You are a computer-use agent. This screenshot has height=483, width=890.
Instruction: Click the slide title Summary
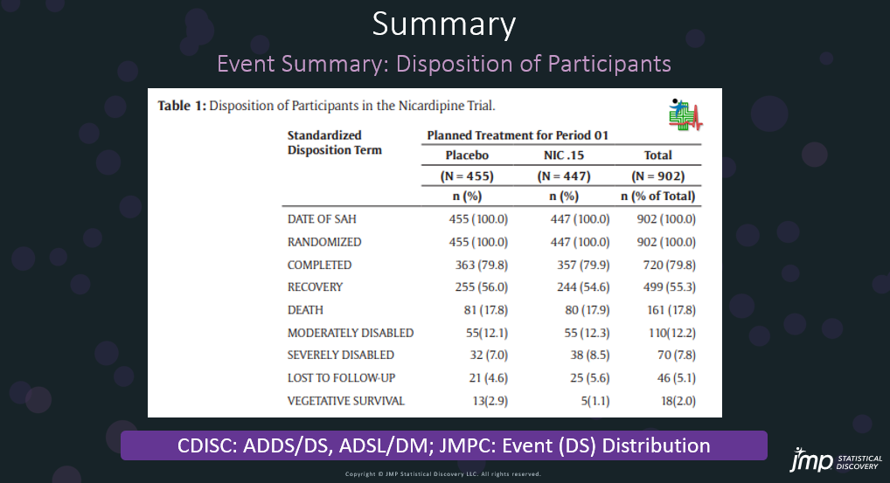(x=443, y=24)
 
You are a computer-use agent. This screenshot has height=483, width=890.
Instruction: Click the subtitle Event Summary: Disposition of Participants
(x=443, y=64)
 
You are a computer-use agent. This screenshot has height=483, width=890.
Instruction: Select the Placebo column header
(x=467, y=155)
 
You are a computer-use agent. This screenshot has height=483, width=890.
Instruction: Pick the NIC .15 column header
(x=563, y=155)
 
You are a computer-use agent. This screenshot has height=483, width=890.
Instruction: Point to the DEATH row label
(x=305, y=309)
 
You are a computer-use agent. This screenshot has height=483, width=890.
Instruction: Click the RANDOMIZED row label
(x=324, y=241)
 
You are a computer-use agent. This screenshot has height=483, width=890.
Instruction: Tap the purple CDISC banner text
(x=443, y=445)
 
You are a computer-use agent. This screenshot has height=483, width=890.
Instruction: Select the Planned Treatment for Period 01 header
(x=518, y=135)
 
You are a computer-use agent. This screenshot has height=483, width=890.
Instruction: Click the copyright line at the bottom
(x=443, y=474)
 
